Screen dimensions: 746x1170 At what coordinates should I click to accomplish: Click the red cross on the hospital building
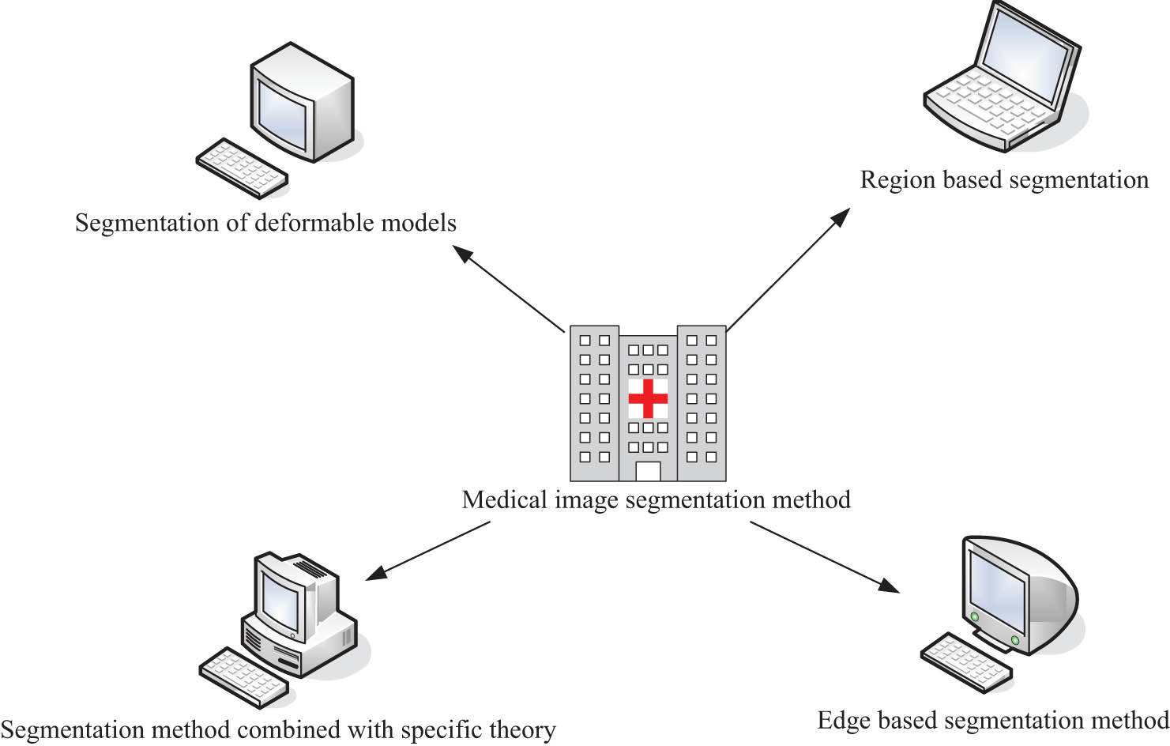[648, 398]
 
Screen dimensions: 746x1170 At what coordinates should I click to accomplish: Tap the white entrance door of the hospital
[648, 471]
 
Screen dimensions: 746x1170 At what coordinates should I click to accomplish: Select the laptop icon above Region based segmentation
[1003, 79]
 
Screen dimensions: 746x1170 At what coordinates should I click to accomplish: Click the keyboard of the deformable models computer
[242, 168]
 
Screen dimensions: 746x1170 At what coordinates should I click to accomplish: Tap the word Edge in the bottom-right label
[844, 721]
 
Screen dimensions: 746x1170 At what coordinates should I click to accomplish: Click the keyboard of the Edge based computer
[966, 662]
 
